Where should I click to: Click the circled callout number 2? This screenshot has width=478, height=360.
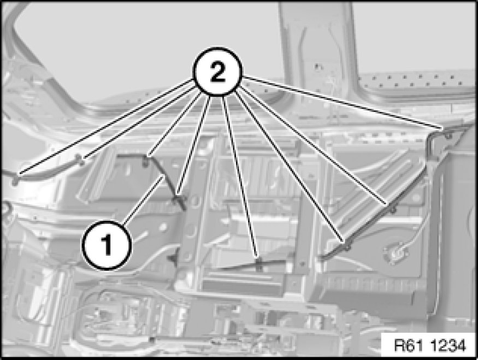pyautogui.click(x=217, y=72)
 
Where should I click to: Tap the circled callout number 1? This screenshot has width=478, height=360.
pyautogui.click(x=107, y=245)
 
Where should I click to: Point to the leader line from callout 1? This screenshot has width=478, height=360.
pyautogui.click(x=144, y=199)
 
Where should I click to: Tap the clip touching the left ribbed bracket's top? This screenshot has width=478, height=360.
pyautogui.click(x=81, y=161)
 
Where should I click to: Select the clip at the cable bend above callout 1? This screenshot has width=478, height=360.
pyautogui.click(x=146, y=162)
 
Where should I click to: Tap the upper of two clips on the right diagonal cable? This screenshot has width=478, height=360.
pyautogui.click(x=393, y=209)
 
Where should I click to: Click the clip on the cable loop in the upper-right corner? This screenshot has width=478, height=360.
pyautogui.click(x=448, y=135)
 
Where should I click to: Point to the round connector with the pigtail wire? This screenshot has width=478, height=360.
pyautogui.click(x=396, y=252)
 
